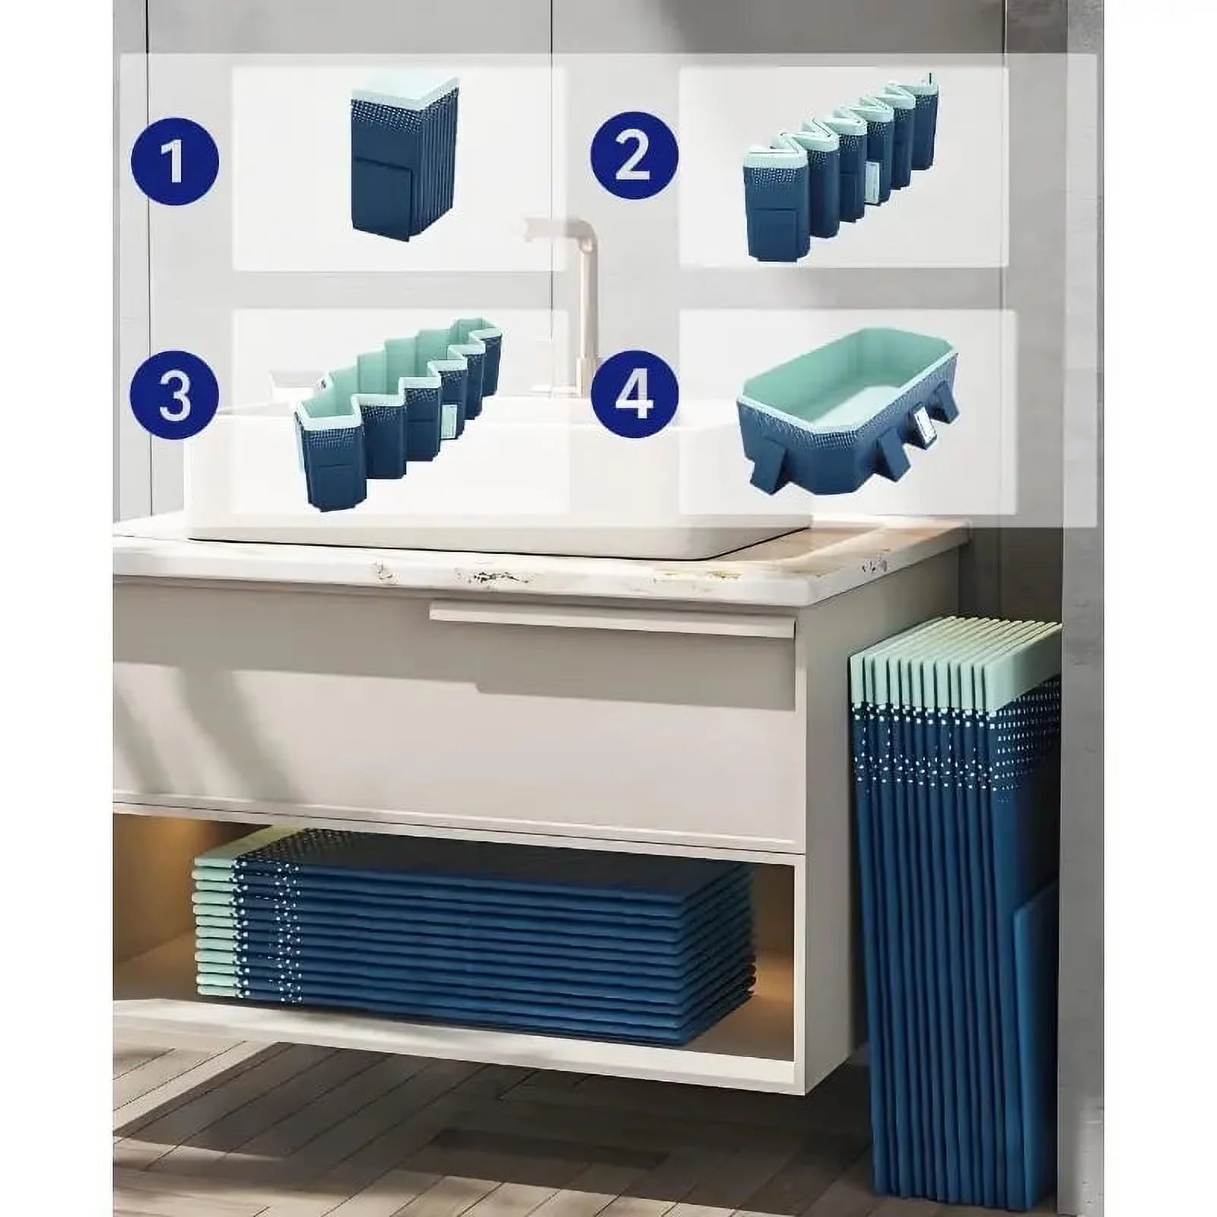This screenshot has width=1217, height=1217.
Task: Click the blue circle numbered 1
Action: click(174, 162)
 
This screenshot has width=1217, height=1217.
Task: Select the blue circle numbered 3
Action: click(174, 396)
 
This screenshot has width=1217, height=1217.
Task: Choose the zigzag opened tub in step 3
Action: click(400, 416)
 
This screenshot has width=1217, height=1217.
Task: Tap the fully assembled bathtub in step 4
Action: click(845, 413)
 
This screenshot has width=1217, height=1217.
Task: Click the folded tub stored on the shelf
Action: click(473, 921)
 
